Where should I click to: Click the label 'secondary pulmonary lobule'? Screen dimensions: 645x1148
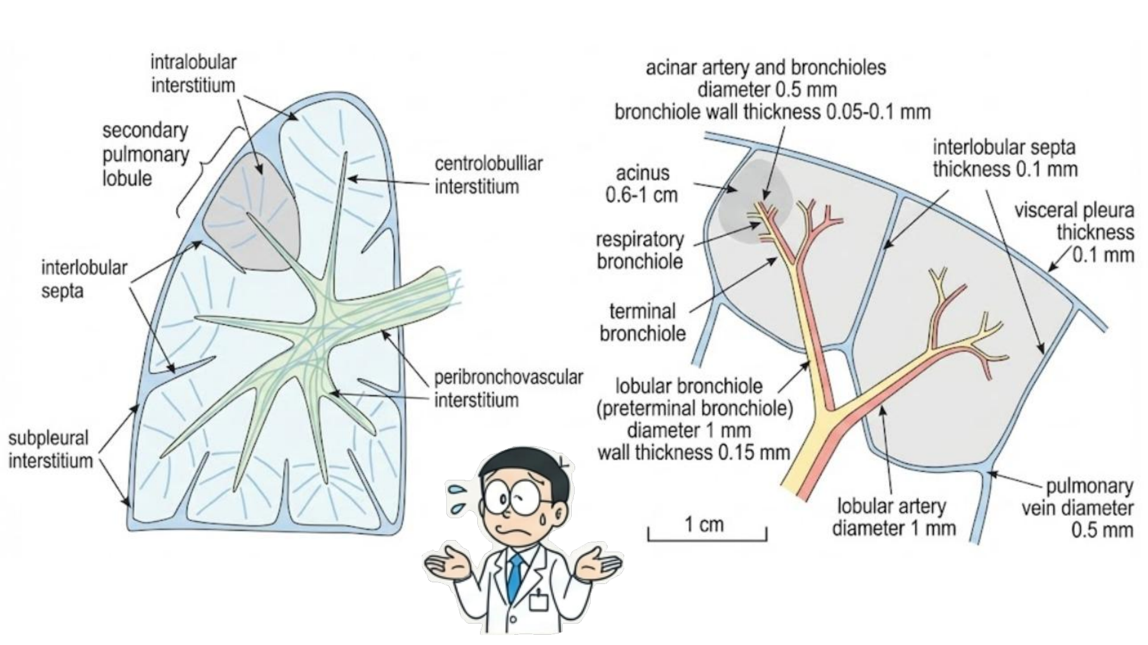click(145, 154)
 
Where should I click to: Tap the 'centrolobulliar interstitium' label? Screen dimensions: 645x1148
click(488, 175)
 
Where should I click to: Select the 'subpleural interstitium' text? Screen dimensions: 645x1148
click(50, 449)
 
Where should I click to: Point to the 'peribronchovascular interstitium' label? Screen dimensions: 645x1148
click(508, 389)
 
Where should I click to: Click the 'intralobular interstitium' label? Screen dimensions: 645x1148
click(193, 74)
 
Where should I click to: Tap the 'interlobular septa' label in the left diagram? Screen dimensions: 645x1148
click(84, 279)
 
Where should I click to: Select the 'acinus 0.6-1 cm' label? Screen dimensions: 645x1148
click(642, 184)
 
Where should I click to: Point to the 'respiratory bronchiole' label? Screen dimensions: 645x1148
click(640, 250)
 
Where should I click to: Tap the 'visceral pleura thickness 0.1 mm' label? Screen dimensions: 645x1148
click(1074, 232)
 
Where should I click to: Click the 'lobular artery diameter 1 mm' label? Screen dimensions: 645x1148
click(893, 517)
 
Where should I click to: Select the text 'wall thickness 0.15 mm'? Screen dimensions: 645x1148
click(693, 453)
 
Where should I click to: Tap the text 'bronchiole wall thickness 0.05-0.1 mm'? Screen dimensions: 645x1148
click(772, 112)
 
